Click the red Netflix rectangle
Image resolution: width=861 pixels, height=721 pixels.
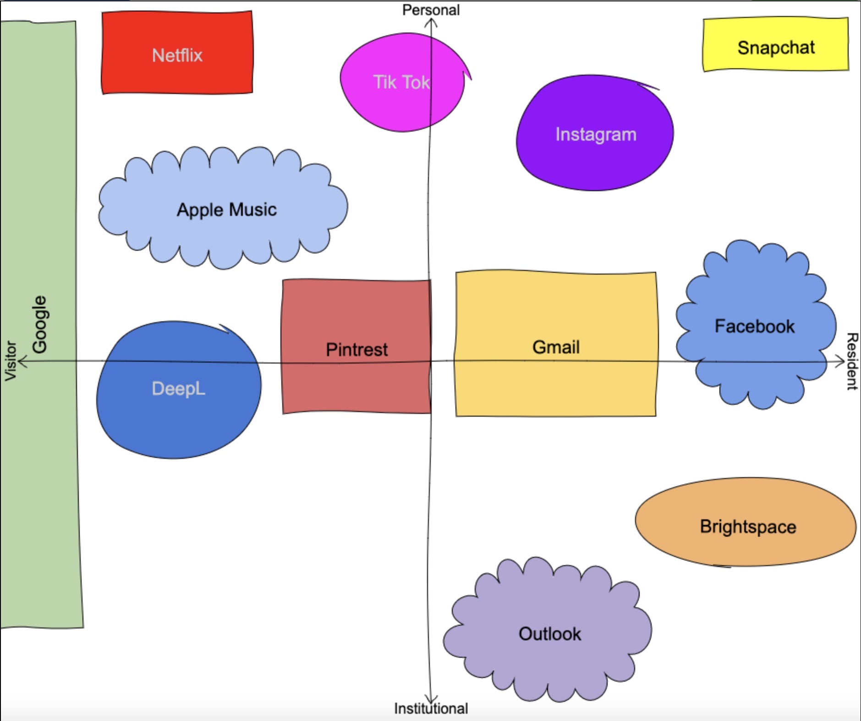click(177, 53)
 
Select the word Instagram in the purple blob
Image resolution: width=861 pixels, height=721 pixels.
click(596, 134)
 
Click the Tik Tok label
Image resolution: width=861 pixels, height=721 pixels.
click(401, 82)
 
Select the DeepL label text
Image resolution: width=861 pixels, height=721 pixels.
click(178, 389)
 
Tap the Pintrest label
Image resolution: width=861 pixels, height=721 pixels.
click(356, 349)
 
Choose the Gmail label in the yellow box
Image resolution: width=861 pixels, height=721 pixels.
click(556, 347)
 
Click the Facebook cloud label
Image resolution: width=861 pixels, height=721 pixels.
click(754, 326)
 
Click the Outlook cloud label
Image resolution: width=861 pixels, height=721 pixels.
click(549, 634)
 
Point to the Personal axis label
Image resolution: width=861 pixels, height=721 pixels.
click(431, 10)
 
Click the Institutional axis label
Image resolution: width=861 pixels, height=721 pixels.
click(431, 708)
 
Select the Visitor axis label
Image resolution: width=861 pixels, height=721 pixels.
click(10, 361)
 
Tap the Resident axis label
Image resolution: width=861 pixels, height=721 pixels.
click(852, 361)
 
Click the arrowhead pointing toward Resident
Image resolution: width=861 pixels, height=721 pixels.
click(840, 361)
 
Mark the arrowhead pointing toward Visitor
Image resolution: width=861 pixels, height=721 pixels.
click(22, 361)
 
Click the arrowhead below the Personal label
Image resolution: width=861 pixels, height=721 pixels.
click(431, 22)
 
